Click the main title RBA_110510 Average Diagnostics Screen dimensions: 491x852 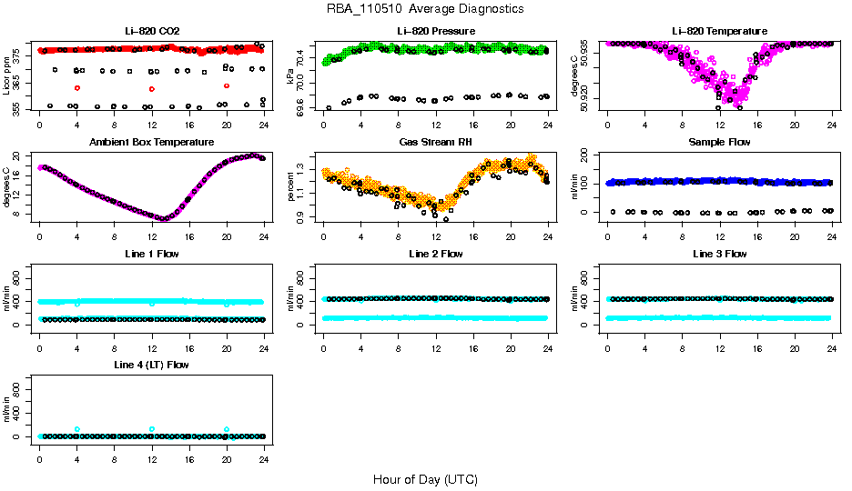pyautogui.click(x=425, y=9)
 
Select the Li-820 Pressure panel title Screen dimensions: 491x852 pyautogui.click(x=436, y=31)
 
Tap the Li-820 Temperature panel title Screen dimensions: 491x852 pyautogui.click(x=719, y=31)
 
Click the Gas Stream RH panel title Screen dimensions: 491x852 pyautogui.click(x=436, y=143)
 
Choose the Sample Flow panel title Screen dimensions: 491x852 pyautogui.click(x=719, y=143)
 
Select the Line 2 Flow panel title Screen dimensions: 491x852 pyautogui.click(x=436, y=254)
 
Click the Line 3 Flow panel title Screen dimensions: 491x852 pyautogui.click(x=719, y=254)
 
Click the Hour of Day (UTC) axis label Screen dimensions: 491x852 pyautogui.click(x=425, y=479)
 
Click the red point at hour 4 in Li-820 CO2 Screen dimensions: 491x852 pyautogui.click(x=77, y=87)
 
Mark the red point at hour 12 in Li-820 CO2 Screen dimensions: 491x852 pyautogui.click(x=152, y=88)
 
